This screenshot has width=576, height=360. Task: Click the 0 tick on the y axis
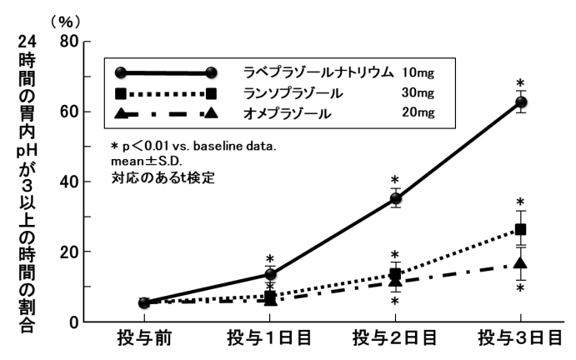click(x=73, y=322)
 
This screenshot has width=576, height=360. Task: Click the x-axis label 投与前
click(x=143, y=340)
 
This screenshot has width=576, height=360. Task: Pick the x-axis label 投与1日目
click(x=269, y=340)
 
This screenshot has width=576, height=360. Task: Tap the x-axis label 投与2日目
click(x=395, y=340)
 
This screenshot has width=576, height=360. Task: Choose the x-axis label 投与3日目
click(x=521, y=340)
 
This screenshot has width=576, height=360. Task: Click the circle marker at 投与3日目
click(x=521, y=102)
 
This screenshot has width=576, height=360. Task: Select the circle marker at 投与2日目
click(x=395, y=198)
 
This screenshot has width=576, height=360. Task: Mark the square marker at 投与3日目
click(x=521, y=229)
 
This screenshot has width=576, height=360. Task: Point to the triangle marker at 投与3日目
click(x=521, y=263)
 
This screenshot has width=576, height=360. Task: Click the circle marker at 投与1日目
click(x=269, y=274)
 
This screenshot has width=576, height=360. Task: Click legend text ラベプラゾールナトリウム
click(x=318, y=72)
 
